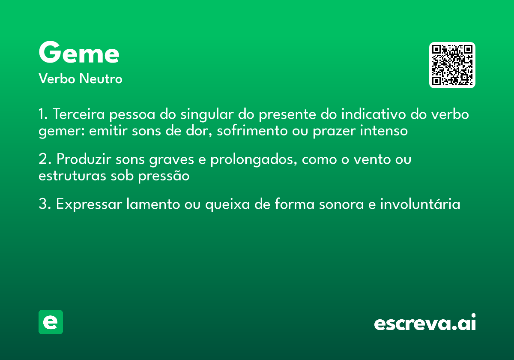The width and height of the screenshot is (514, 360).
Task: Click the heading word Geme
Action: [79, 54]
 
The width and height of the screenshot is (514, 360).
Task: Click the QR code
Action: [452, 65]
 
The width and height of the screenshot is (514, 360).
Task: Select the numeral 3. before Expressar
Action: [45, 204]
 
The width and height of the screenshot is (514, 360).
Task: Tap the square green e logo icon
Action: [51, 322]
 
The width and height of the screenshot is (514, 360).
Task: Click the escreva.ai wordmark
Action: [425, 323]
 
